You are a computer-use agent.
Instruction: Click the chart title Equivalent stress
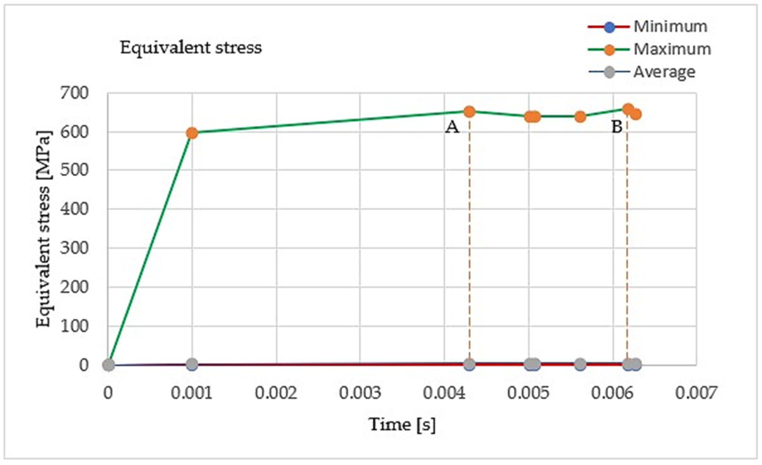tap(191, 48)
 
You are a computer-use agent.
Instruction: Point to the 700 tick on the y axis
tap(74, 93)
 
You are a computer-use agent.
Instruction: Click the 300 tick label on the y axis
tap(74, 248)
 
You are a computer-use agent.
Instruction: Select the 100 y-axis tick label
tap(74, 326)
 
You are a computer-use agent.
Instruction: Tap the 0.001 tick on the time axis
tap(192, 393)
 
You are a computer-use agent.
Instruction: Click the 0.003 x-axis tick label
tap(360, 393)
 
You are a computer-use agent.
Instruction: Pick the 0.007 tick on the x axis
tap(696, 393)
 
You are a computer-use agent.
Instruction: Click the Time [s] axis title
tap(403, 424)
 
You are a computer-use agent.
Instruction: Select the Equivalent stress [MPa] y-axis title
tap(43, 229)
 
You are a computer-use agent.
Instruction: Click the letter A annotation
tap(452, 127)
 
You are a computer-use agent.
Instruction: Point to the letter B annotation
tap(617, 127)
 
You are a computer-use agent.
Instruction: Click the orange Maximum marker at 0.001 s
tap(192, 133)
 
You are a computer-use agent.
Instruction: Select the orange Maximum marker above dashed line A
tap(469, 112)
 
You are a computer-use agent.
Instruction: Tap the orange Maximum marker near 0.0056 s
tap(580, 117)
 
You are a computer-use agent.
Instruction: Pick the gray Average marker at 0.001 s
tap(192, 364)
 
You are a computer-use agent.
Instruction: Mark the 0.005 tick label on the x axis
tap(528, 393)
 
